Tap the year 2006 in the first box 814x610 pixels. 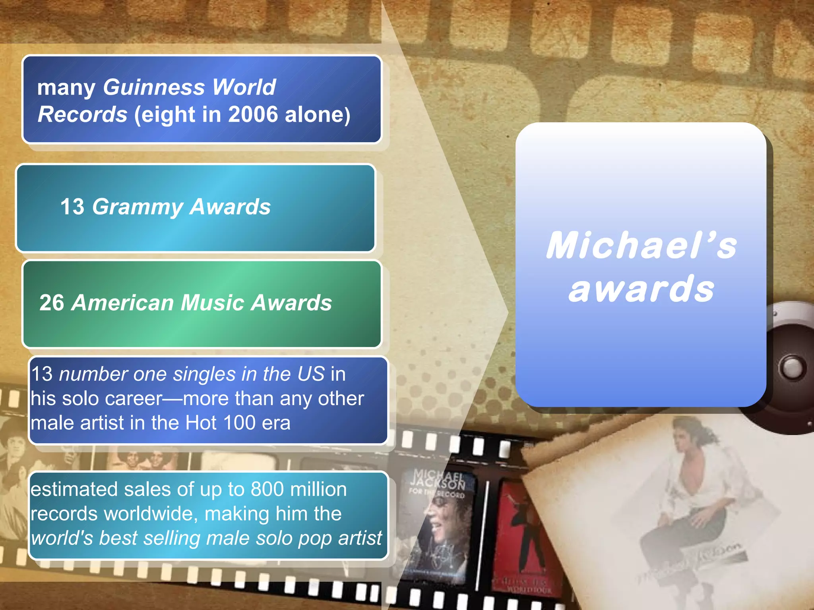[x=253, y=114]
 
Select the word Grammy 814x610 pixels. [x=138, y=207]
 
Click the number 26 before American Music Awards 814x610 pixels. [x=52, y=303]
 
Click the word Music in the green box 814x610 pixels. [x=212, y=303]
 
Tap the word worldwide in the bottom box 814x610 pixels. [x=151, y=514]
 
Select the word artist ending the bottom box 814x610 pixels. [x=360, y=538]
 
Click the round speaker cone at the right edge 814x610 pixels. [x=791, y=367]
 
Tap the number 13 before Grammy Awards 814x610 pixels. [x=72, y=207]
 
